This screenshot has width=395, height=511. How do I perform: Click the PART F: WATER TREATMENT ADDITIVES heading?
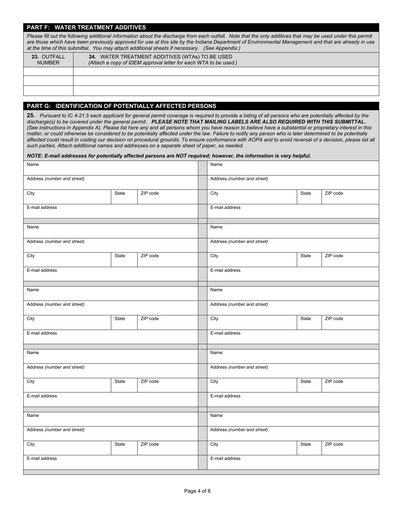[86, 27]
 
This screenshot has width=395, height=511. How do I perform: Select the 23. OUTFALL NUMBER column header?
[48, 59]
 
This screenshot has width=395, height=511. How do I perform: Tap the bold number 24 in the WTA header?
[92, 57]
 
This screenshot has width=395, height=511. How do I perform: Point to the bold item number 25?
[30, 115]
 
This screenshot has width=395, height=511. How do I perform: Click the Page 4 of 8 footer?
[197, 491]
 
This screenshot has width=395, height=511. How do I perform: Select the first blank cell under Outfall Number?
[48, 71]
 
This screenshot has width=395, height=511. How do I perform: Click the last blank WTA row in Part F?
[226, 91]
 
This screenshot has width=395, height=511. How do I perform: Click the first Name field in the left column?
[111, 168]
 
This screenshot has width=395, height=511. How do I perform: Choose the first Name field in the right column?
[293, 168]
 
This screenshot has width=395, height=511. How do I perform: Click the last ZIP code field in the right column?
[350, 447]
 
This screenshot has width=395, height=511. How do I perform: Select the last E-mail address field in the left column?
[111, 462]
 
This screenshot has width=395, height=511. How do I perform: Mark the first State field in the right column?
[309, 197]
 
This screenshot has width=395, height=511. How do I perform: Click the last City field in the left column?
[67, 447]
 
